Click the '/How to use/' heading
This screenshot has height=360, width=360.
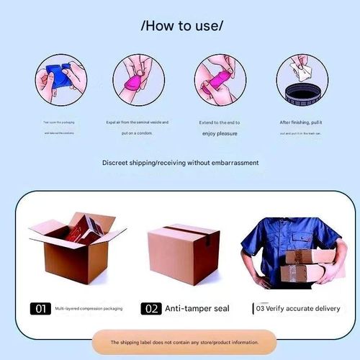[x=182, y=26]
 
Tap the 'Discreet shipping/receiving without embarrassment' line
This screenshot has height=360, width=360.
[x=180, y=163]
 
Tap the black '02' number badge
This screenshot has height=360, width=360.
[x=150, y=308]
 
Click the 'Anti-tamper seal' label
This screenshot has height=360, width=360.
[x=197, y=308]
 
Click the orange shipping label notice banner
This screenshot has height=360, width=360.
[x=184, y=343]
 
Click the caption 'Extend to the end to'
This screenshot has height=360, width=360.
[x=220, y=122]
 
